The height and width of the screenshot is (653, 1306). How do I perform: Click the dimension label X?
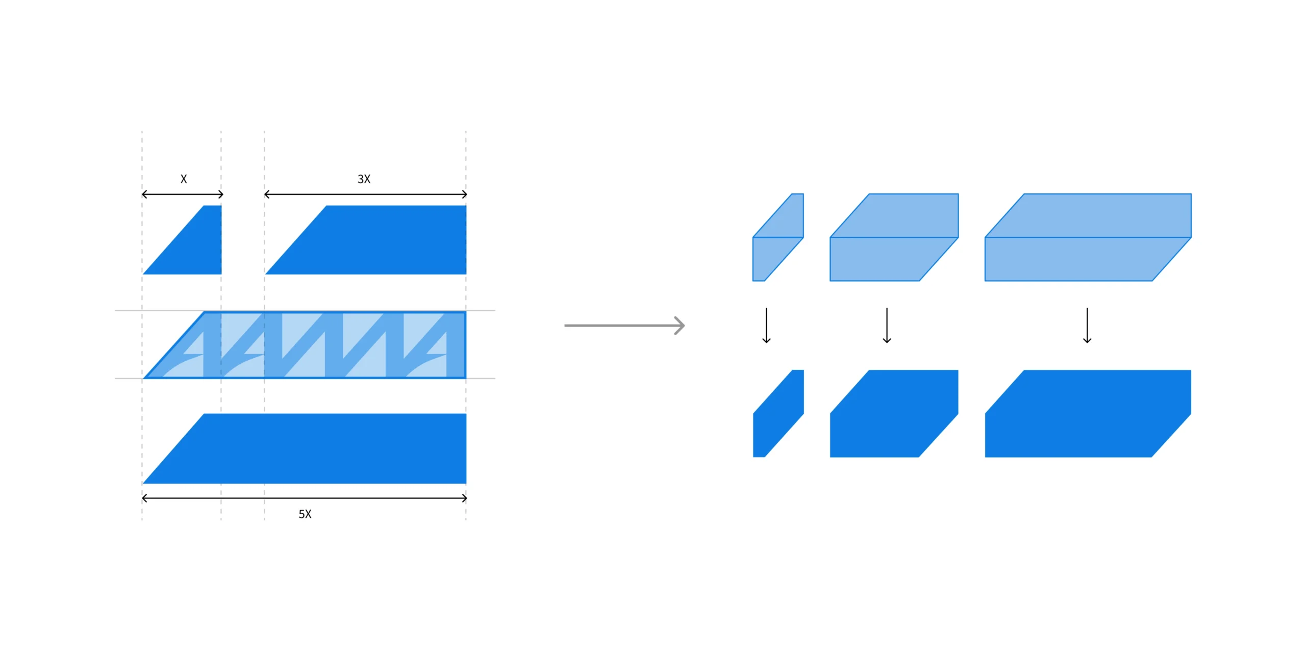pos(184,179)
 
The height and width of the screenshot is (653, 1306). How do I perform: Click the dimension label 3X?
pos(364,179)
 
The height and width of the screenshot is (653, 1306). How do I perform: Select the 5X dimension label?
pos(305,514)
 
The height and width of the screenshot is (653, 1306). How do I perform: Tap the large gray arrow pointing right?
pos(624,325)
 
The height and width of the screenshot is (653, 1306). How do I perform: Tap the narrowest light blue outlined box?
pos(778,237)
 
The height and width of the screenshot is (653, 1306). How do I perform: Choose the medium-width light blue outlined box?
pos(894,237)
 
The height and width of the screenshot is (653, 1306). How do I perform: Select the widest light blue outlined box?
pos(1088,237)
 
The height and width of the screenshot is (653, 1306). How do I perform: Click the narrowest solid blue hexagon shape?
pos(778,413)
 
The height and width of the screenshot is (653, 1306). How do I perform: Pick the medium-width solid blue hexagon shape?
pos(894,413)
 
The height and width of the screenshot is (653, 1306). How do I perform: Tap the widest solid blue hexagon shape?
pos(1088,413)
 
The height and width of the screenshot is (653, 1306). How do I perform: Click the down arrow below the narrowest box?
pos(766,325)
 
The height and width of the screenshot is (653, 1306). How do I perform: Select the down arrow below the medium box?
pos(887,325)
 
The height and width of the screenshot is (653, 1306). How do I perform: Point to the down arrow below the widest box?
pos(1087,325)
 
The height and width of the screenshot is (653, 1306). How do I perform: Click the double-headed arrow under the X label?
pos(183,194)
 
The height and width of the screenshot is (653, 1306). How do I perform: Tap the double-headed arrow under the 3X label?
pos(366,194)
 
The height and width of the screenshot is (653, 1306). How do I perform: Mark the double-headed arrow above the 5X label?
pos(305,498)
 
